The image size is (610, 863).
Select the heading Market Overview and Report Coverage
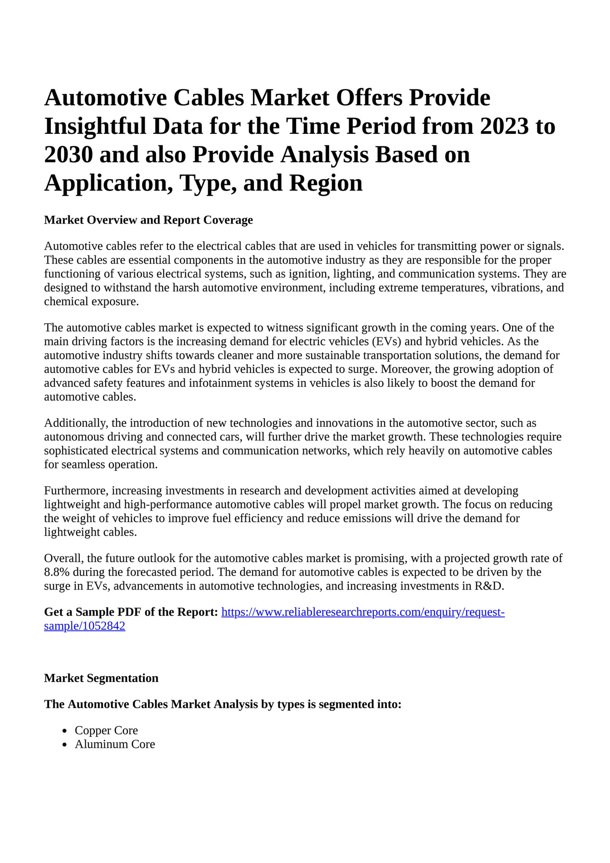pos(148,220)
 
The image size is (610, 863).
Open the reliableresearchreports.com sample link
pos(362,612)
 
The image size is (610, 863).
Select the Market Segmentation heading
pos(101,678)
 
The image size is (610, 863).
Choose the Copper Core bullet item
pos(106,730)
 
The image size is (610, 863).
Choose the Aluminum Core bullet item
pos(115,744)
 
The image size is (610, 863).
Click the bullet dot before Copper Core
pos(65,731)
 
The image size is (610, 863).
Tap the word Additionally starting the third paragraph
pos(76,423)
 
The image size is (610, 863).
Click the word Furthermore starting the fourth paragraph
pos(76,491)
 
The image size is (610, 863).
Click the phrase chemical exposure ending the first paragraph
pos(91,302)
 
